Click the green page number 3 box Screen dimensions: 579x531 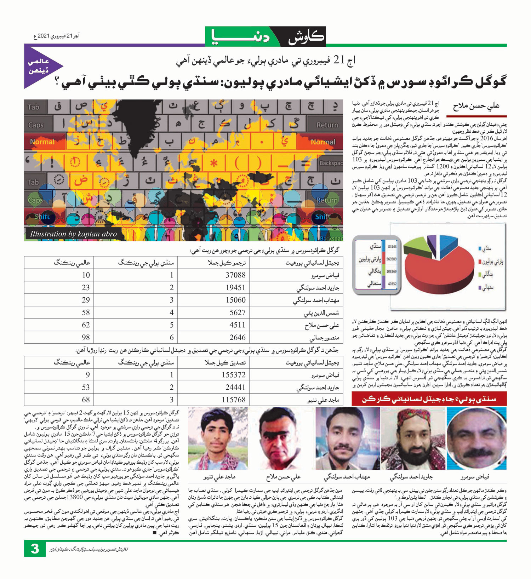tap(35, 548)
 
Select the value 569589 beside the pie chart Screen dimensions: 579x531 tap(391, 259)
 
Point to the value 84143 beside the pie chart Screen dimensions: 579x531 tap(392, 246)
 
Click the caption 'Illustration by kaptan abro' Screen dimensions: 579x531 tap(73, 234)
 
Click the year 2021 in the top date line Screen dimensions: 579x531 tap(43, 36)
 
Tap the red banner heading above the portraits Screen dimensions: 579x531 tap(429, 399)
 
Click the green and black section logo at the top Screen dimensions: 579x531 tap(265, 36)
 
